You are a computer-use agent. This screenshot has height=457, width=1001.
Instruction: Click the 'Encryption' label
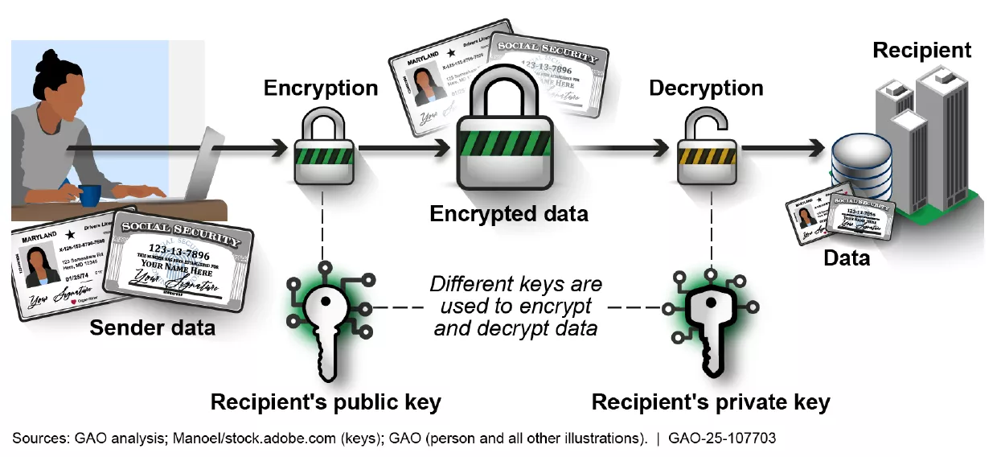coord(321,88)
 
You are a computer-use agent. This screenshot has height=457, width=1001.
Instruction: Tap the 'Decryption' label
coord(706,88)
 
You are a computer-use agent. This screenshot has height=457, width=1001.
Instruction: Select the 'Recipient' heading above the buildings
coord(921,50)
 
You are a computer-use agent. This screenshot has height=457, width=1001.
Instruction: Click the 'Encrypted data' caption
coord(509,214)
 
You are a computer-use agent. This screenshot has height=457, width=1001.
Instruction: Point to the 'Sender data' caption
coord(152,327)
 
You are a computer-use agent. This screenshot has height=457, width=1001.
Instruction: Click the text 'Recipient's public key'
coord(326,401)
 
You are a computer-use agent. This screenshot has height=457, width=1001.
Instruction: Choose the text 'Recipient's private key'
coord(710,401)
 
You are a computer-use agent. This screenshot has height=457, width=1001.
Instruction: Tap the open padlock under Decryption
coord(705,149)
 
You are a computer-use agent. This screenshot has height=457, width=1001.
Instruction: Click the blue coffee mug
coord(89,195)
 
